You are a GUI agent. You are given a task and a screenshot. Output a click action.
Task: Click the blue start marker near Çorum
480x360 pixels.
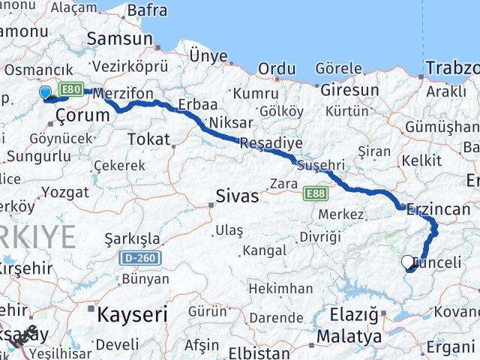pos(45,93)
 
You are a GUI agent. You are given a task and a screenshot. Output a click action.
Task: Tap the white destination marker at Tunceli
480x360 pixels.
pos(408,262)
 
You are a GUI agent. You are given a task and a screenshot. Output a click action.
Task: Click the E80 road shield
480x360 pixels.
pos(70,89)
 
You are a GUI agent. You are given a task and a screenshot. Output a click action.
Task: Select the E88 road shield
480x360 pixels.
pos(315,193)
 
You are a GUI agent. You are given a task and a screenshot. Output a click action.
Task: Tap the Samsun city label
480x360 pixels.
pos(120,38)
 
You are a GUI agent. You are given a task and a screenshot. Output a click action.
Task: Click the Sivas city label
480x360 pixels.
pos(236,196)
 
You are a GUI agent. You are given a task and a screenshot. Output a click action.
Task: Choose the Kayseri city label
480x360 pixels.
pos(132,314)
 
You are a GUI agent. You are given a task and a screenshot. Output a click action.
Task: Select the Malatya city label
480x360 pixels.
pos(348,336)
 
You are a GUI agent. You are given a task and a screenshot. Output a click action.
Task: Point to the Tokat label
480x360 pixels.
pos(148,139)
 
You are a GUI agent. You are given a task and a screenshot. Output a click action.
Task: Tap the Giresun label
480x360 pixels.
pos(349,90)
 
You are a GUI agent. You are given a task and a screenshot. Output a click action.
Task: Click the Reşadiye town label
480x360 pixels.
pos(271,142)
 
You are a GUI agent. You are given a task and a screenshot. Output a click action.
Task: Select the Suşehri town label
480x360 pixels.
pos(321,163)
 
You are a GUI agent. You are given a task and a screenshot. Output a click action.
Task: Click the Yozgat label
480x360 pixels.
pos(64,192)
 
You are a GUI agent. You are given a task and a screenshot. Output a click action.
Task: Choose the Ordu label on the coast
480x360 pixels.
pos(276,68)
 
